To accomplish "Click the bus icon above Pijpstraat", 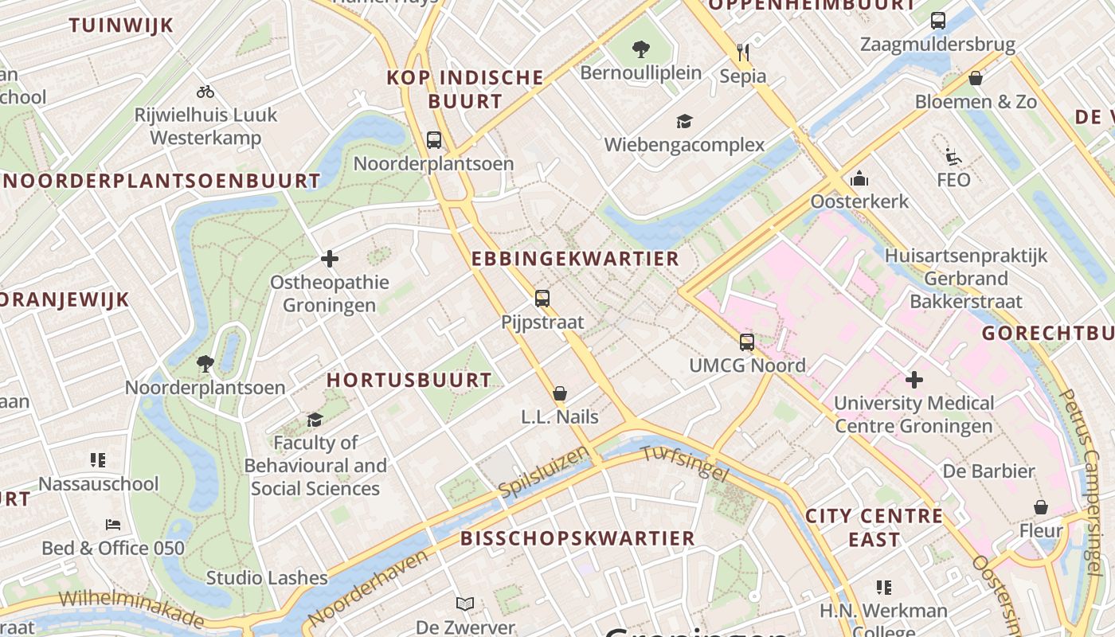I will click(x=542, y=299).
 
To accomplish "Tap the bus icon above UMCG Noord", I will click(x=747, y=342).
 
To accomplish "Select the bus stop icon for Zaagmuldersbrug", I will click(x=938, y=21).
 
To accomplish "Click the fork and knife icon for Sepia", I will click(x=743, y=53).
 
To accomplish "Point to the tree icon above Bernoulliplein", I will click(x=640, y=49).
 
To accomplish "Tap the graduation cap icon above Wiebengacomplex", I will click(x=684, y=121).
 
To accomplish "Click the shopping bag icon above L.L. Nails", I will click(x=560, y=393).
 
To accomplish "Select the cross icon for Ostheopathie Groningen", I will click(x=330, y=259).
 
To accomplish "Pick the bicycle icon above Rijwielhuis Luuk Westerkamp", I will click(x=205, y=92).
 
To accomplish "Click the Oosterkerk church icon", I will click(x=859, y=178).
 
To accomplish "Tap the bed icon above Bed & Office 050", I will click(x=113, y=525).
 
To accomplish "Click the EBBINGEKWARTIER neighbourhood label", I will click(x=575, y=259).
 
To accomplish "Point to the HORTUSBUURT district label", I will click(x=409, y=380).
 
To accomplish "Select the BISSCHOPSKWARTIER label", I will click(x=578, y=538).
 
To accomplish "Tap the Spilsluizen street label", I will click(x=544, y=472).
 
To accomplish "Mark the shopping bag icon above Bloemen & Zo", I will click(x=976, y=78).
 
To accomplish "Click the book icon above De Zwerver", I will click(x=465, y=604).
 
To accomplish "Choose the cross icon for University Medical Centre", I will click(x=914, y=380).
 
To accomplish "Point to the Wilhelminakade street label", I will click(x=131, y=608).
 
